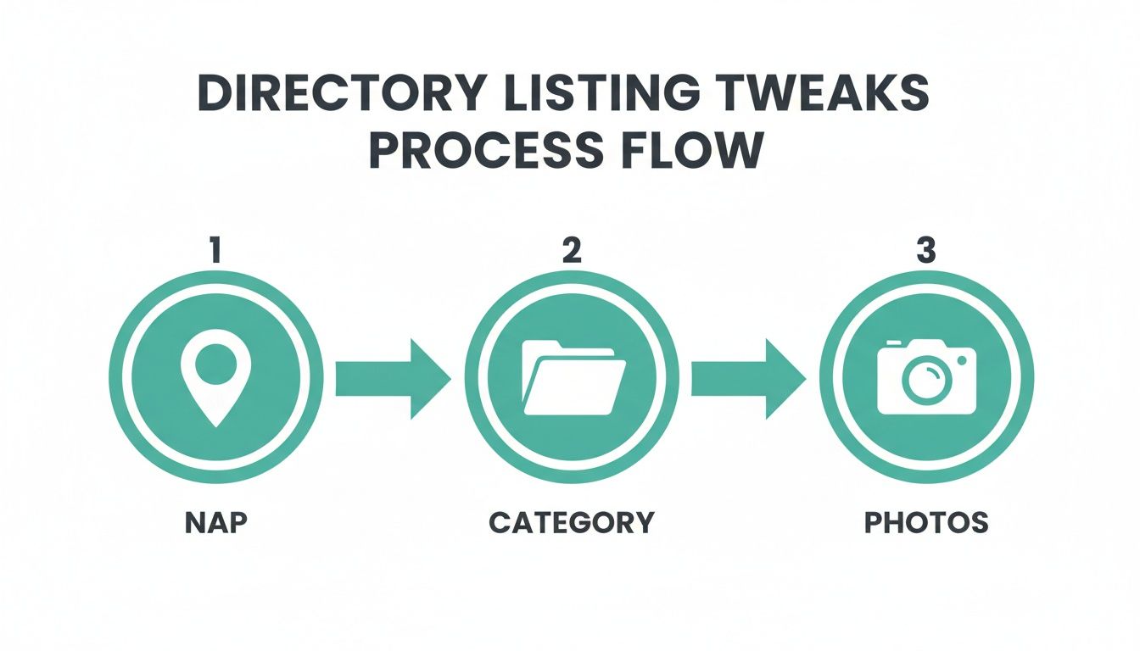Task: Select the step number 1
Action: point(215,252)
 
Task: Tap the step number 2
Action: point(572,252)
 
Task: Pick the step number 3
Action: point(927,252)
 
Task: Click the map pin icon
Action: point(215,381)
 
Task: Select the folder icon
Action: point(573,378)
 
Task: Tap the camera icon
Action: point(927,378)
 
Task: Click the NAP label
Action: point(215,522)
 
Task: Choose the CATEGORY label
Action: point(572,522)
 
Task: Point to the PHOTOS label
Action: point(926,522)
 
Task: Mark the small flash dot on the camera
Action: point(961,360)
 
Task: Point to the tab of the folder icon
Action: point(543,345)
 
